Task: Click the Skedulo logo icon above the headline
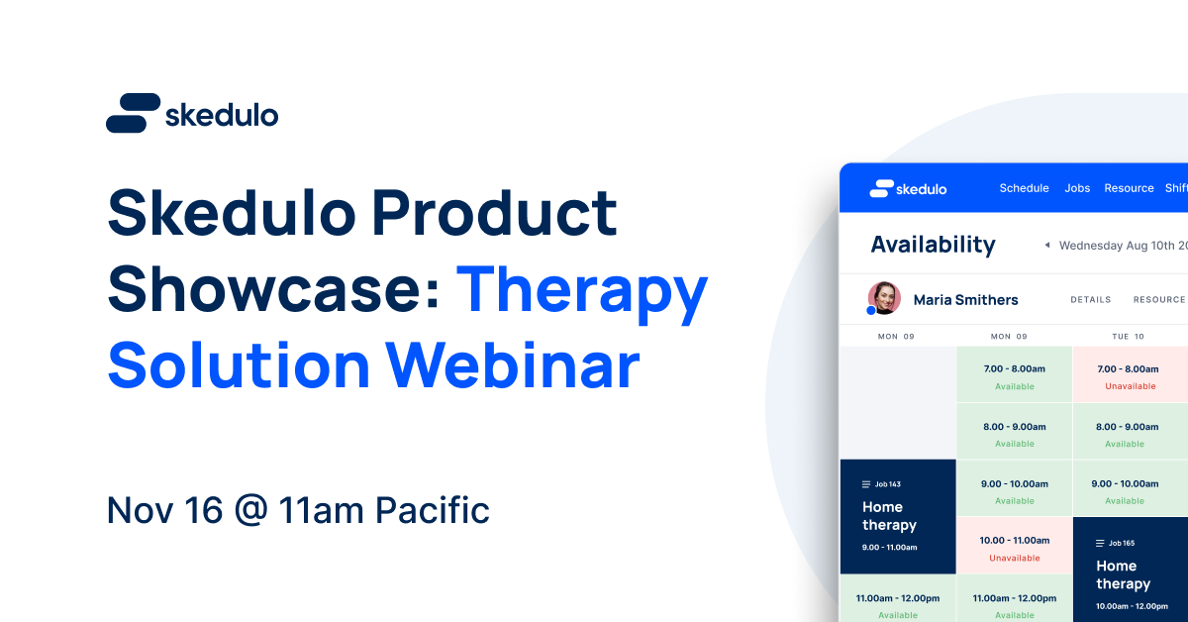133,113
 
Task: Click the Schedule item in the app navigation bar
1024,188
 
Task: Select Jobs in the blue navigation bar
1077,188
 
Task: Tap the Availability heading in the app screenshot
933,245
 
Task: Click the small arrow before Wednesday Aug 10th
1047,246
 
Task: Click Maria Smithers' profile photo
883,298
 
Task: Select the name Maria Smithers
965,300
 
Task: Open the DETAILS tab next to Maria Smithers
1090,300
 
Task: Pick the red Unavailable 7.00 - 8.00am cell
1130,375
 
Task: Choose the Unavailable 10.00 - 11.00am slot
1015,547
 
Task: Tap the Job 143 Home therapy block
898,517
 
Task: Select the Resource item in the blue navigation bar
1129,188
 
